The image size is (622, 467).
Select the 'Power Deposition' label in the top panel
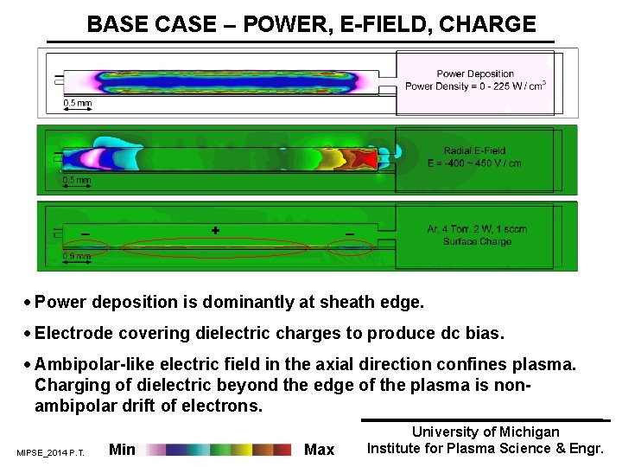pyautogui.click(x=475, y=74)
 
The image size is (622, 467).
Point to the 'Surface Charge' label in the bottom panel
pyautogui.click(x=476, y=241)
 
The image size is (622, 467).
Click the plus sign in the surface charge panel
pyautogui.click(x=215, y=231)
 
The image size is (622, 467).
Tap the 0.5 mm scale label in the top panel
pyautogui.click(x=77, y=104)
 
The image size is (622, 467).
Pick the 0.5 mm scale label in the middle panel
pyautogui.click(x=77, y=181)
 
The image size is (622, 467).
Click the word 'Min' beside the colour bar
pyautogui.click(x=123, y=449)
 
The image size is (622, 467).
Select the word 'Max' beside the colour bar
pyautogui.click(x=320, y=449)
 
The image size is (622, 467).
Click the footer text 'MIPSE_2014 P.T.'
pyautogui.click(x=50, y=452)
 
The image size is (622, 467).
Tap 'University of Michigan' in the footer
pyautogui.click(x=486, y=432)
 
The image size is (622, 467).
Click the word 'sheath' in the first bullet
pyautogui.click(x=346, y=303)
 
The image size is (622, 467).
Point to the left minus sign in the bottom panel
pyautogui.click(x=85, y=233)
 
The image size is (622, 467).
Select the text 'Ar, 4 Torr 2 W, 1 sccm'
pyautogui.click(x=477, y=229)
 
